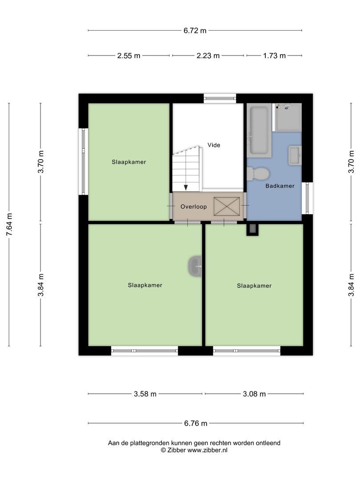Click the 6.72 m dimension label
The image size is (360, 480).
(195, 31)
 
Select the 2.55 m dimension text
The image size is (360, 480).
(128, 56)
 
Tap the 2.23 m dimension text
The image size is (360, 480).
(208, 56)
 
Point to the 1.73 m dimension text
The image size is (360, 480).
(274, 56)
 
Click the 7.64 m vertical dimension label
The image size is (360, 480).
(9, 224)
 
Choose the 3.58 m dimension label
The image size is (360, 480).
(145, 394)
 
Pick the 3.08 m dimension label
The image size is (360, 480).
(254, 394)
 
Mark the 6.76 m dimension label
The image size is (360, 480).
(196, 424)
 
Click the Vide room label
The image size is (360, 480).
(214, 145)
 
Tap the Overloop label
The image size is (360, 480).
(192, 207)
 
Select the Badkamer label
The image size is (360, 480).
(280, 186)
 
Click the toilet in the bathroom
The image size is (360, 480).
(258, 173)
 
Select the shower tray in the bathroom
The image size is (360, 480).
(288, 117)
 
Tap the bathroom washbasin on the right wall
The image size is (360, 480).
(295, 155)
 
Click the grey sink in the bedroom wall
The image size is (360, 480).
(195, 266)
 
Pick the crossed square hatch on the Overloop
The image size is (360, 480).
(226, 207)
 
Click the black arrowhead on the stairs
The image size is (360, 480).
(186, 187)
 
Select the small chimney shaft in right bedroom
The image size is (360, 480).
(252, 229)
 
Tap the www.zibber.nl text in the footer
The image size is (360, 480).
(207, 450)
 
